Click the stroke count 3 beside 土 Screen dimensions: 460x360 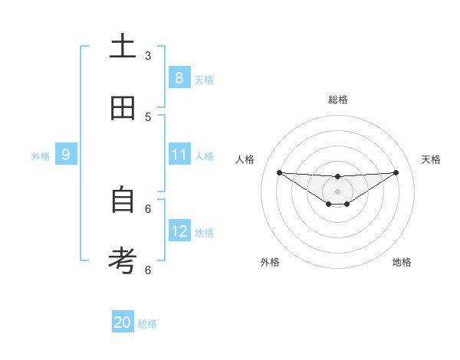point(148,56)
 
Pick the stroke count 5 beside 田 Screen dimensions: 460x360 point(148,117)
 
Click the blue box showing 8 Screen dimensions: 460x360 point(179,77)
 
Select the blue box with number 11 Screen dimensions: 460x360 point(179,155)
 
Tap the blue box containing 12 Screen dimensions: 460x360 point(179,231)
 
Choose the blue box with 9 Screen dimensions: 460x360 point(66,155)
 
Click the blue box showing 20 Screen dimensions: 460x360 point(123,322)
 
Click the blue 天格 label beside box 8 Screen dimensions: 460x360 point(204,79)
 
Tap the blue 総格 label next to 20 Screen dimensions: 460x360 point(147,324)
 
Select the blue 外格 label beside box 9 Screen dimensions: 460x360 point(41,156)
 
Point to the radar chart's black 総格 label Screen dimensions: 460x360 point(338,100)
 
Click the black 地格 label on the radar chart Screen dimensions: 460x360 point(402,262)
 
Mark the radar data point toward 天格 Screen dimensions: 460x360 point(396,172)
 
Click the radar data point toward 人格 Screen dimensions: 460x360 point(279,172)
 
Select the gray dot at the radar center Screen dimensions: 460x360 point(338,191)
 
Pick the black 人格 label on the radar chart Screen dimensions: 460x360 point(245,159)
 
